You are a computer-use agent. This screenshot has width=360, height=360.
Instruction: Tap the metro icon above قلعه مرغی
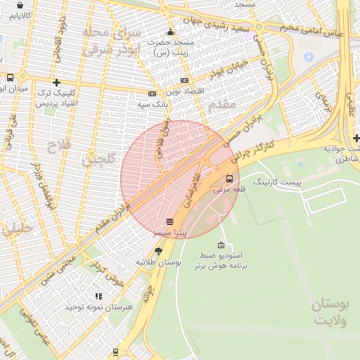230,179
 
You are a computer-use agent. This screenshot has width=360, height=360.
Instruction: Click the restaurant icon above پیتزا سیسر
169,221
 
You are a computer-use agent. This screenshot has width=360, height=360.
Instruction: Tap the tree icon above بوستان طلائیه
159,250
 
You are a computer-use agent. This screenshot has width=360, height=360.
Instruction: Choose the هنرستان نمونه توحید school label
98,307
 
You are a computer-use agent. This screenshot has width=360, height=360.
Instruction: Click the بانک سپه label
154,104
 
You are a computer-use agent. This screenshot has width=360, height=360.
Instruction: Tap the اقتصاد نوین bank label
185,92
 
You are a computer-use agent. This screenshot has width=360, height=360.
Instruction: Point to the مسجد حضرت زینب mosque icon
169,32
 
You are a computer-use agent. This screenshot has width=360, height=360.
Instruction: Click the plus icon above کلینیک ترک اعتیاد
57,82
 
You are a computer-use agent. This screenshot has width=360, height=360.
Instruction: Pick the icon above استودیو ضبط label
222,245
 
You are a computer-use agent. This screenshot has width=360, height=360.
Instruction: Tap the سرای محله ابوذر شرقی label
112,41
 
